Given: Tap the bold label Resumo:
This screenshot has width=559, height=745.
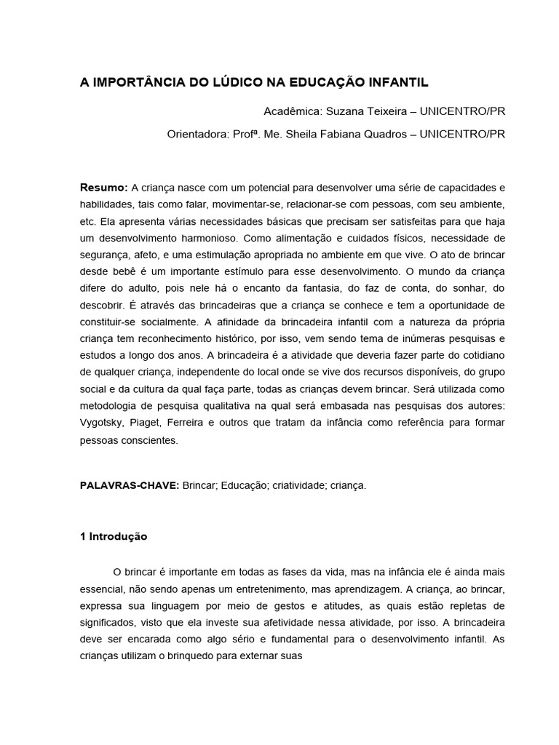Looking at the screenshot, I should (103, 187).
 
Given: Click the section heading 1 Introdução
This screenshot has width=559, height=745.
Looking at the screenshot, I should (114, 536).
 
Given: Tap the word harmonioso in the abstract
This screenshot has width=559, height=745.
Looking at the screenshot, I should (202, 238).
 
